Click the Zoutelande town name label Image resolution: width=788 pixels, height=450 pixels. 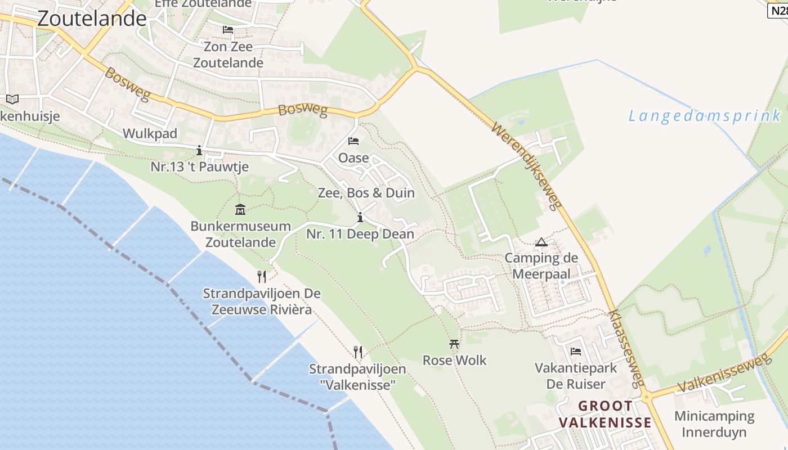(x=92, y=19)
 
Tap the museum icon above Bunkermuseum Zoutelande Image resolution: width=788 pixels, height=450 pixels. (x=240, y=210)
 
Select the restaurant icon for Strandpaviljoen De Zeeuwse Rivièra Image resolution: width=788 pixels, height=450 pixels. (x=261, y=276)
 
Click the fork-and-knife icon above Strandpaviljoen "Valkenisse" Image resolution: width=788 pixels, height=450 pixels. (x=358, y=352)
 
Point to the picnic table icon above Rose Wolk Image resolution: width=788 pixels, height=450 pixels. (x=454, y=344)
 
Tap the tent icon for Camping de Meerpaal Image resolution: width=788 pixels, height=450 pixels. (x=541, y=242)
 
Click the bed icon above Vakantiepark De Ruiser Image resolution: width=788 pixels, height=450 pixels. (x=576, y=352)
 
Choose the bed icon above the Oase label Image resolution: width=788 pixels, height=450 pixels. (x=353, y=141)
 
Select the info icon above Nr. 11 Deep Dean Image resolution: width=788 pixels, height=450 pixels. (x=360, y=218)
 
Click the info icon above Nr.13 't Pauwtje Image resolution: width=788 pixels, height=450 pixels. (x=199, y=150)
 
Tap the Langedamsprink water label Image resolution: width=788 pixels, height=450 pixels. (x=705, y=116)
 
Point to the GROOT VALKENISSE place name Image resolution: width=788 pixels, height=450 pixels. (x=605, y=414)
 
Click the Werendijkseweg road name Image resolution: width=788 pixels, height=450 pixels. (x=527, y=166)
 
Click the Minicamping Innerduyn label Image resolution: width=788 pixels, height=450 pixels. (x=714, y=424)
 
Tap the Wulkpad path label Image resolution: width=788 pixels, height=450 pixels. (x=150, y=133)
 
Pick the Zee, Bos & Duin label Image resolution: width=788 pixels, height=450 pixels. (x=366, y=193)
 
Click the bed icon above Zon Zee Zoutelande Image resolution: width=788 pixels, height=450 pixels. (x=228, y=30)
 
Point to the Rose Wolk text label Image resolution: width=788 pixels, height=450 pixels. (x=455, y=361)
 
